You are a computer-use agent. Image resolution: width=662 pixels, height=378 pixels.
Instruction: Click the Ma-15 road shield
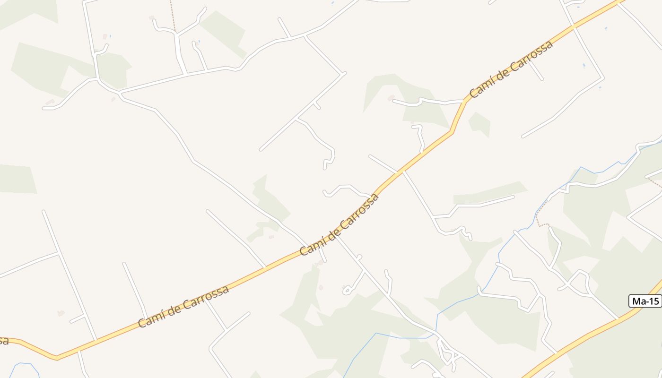point(645,301)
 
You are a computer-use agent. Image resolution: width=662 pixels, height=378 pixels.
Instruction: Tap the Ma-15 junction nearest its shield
point(618,319)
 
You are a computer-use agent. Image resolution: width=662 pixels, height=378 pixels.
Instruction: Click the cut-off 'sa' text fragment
point(4,340)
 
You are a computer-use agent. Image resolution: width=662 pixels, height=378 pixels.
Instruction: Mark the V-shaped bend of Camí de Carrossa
point(57,357)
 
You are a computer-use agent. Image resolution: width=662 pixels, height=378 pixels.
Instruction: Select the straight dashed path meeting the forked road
point(173,17)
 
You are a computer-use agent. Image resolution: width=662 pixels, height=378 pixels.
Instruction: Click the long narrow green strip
point(489,193)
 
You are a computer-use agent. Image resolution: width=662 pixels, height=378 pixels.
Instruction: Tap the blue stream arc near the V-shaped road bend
point(21,366)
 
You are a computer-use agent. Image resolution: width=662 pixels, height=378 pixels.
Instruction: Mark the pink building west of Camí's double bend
point(391,98)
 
